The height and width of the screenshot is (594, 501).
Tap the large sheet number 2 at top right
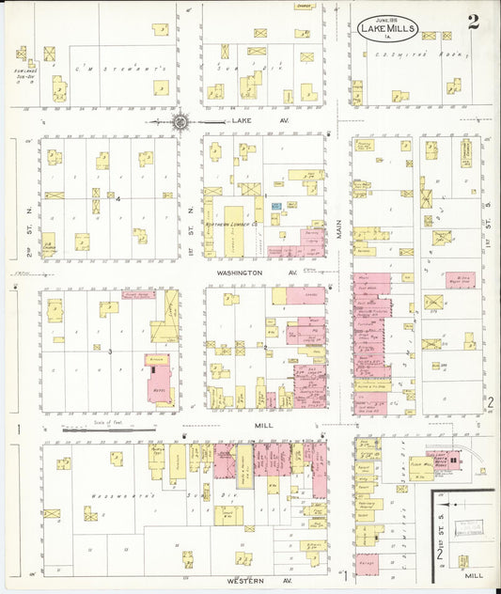click(x=473, y=23)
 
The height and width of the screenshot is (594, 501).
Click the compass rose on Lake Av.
click(x=180, y=121)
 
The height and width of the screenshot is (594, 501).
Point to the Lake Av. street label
click(x=246, y=121)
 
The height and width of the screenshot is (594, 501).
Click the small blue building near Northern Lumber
click(x=276, y=205)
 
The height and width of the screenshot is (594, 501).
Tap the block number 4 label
click(x=117, y=198)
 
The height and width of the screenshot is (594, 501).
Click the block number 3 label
click(x=110, y=352)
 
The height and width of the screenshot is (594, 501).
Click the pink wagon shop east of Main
click(x=461, y=279)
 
